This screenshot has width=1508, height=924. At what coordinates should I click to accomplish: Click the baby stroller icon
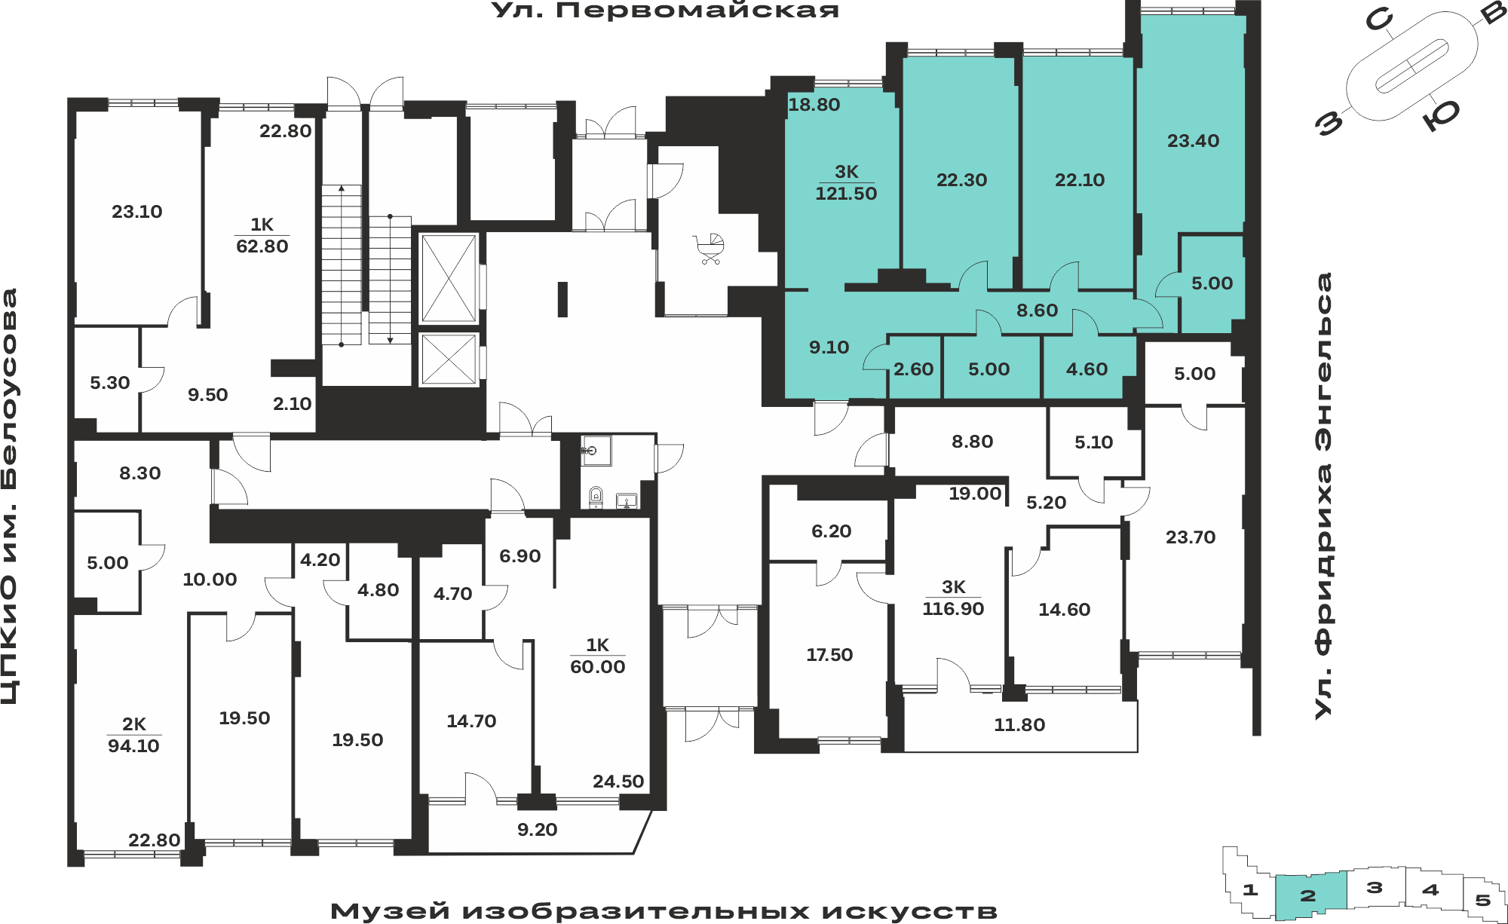point(709,249)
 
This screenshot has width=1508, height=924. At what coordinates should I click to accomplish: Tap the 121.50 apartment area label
point(846,194)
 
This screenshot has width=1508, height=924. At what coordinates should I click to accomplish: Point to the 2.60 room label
point(913,369)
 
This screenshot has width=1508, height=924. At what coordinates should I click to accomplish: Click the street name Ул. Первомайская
point(665,11)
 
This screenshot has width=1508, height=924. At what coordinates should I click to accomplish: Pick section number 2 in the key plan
point(1308,895)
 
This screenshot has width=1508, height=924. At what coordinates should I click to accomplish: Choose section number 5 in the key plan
point(1482,900)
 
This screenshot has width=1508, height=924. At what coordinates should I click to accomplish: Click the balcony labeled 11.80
point(1019,725)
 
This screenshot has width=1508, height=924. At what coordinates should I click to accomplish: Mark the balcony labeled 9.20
point(537,830)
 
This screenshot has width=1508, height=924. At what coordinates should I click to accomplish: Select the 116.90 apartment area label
point(953,609)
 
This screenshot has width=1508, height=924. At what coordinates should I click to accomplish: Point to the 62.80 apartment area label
point(262,246)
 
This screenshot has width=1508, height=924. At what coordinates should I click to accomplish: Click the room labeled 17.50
point(829,655)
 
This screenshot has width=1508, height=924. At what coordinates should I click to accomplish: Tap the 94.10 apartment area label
point(133,746)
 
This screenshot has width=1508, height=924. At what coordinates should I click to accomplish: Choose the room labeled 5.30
point(110,383)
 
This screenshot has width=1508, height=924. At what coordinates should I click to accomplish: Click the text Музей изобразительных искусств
point(664,911)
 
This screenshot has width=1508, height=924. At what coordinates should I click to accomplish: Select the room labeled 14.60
point(1064,610)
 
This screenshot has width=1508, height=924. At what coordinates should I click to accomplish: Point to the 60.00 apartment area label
point(597,667)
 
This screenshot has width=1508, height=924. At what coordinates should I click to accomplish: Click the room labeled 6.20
point(831,531)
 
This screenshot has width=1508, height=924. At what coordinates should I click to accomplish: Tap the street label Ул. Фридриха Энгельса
point(1324,496)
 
